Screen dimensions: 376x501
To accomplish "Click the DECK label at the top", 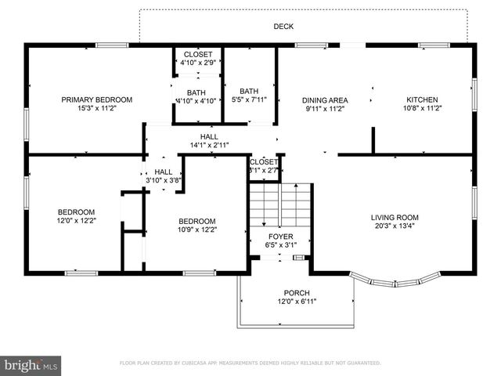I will point(283,27).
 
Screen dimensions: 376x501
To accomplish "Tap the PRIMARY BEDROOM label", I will point(97,99).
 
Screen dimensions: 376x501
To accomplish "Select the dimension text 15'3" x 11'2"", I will point(97,109).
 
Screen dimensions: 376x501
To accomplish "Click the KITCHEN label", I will point(422,99).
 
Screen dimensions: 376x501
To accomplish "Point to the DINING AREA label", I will point(325,99).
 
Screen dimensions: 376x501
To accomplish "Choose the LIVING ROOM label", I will point(395,218).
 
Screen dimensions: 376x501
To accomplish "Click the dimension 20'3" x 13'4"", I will point(395,227).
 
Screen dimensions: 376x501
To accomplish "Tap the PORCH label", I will point(297,292).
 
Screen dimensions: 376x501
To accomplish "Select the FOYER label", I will point(280,236).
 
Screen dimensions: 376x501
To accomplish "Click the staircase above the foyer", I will point(280,204).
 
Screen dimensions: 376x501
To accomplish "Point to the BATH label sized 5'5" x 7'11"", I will point(249,91).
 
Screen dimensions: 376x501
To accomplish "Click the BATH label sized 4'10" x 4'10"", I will point(196,92).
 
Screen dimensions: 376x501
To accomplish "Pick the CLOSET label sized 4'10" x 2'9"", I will point(197,54).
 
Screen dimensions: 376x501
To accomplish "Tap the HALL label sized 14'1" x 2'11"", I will point(209,136).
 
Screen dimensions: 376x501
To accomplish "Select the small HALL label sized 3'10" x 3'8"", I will point(164,172).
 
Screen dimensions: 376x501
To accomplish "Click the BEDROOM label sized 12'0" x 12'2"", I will point(76,211).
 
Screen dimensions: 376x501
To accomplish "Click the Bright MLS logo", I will point(31,365).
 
